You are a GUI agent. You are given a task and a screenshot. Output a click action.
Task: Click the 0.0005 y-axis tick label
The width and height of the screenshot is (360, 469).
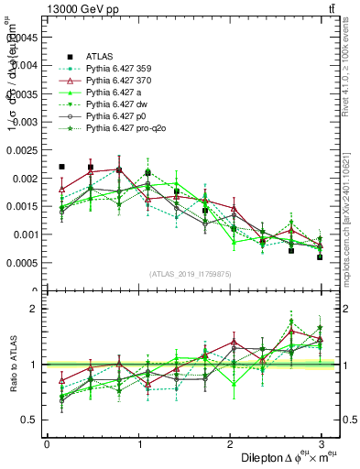[22, 263]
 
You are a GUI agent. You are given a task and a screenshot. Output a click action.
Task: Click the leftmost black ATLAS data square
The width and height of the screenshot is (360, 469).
[61, 167]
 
